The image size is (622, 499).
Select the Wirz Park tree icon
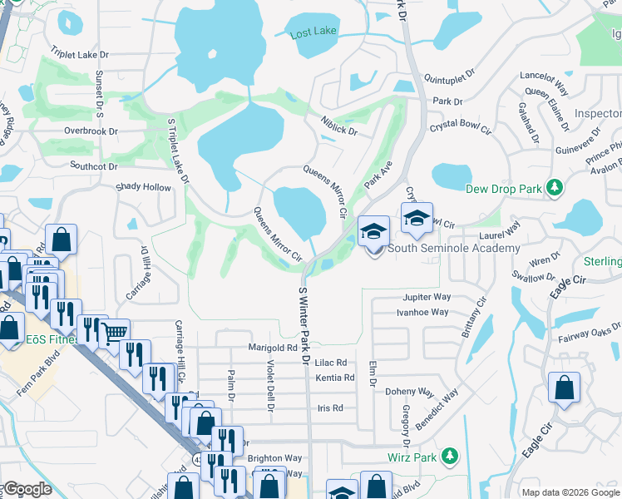click(450, 456)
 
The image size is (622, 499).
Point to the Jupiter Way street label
click(427, 297)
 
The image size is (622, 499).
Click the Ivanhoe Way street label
click(422, 312)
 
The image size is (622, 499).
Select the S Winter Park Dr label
click(304, 324)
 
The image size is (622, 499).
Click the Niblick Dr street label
click(339, 126)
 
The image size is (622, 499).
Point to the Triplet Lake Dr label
click(80, 54)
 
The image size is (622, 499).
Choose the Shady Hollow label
click(143, 188)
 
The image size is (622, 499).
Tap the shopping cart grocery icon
click(116, 333)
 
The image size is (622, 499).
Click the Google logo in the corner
click(27, 489)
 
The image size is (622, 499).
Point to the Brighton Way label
click(274, 458)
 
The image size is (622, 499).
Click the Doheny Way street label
click(414, 392)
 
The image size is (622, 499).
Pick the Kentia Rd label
click(335, 378)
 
